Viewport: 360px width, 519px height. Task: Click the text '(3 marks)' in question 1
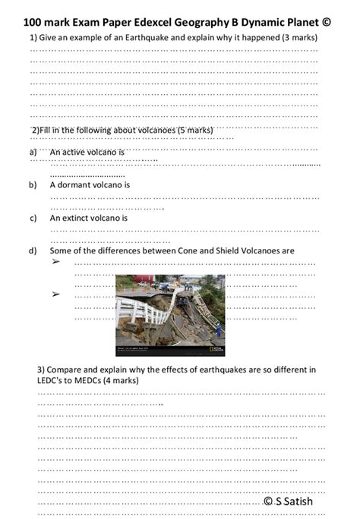(x=297, y=37)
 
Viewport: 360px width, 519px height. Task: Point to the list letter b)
(x=33, y=184)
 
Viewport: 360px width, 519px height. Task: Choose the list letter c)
(x=33, y=218)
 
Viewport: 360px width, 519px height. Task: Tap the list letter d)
(x=33, y=250)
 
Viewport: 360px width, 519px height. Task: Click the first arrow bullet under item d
(x=55, y=262)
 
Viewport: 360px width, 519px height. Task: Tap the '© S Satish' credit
(x=288, y=502)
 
